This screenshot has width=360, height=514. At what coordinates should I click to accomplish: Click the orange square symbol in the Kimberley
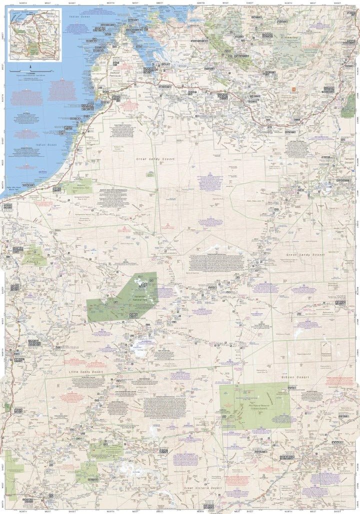(x=294, y=90)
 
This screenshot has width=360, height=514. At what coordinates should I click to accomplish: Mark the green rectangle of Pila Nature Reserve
(x=254, y=406)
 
